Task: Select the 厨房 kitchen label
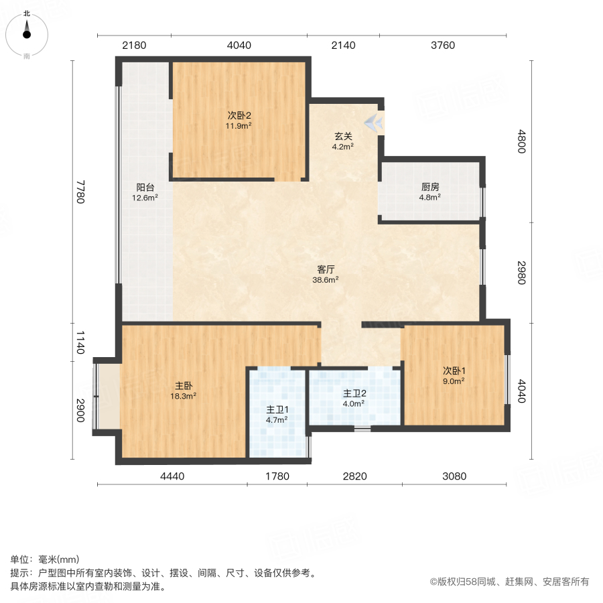pyautogui.click(x=429, y=188)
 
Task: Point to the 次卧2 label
pyautogui.click(x=239, y=115)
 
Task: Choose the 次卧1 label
pyautogui.click(x=454, y=371)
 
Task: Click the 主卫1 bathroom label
pyautogui.click(x=277, y=409)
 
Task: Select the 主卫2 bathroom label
pyautogui.click(x=354, y=393)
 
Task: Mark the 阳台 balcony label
pyautogui.click(x=145, y=188)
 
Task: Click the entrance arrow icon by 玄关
pyautogui.click(x=374, y=123)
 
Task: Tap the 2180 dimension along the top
pyautogui.click(x=134, y=46)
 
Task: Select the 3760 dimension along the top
pyautogui.click(x=442, y=46)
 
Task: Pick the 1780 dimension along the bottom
pyautogui.click(x=277, y=476)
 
